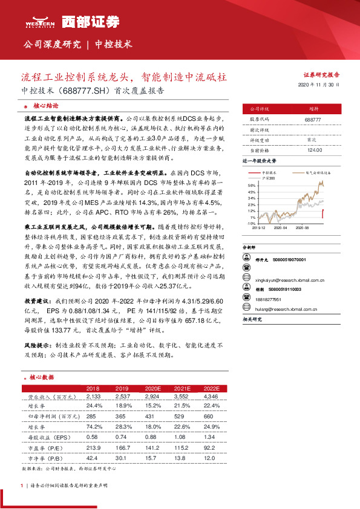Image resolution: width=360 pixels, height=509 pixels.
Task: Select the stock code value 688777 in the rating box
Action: (313, 120)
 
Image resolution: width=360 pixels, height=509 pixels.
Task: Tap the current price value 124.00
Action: (313, 150)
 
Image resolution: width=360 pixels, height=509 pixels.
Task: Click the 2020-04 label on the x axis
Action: (281, 229)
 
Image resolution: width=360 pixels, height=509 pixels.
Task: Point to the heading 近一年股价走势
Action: (260, 161)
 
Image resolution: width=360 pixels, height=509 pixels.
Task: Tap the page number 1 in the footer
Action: (22, 485)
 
